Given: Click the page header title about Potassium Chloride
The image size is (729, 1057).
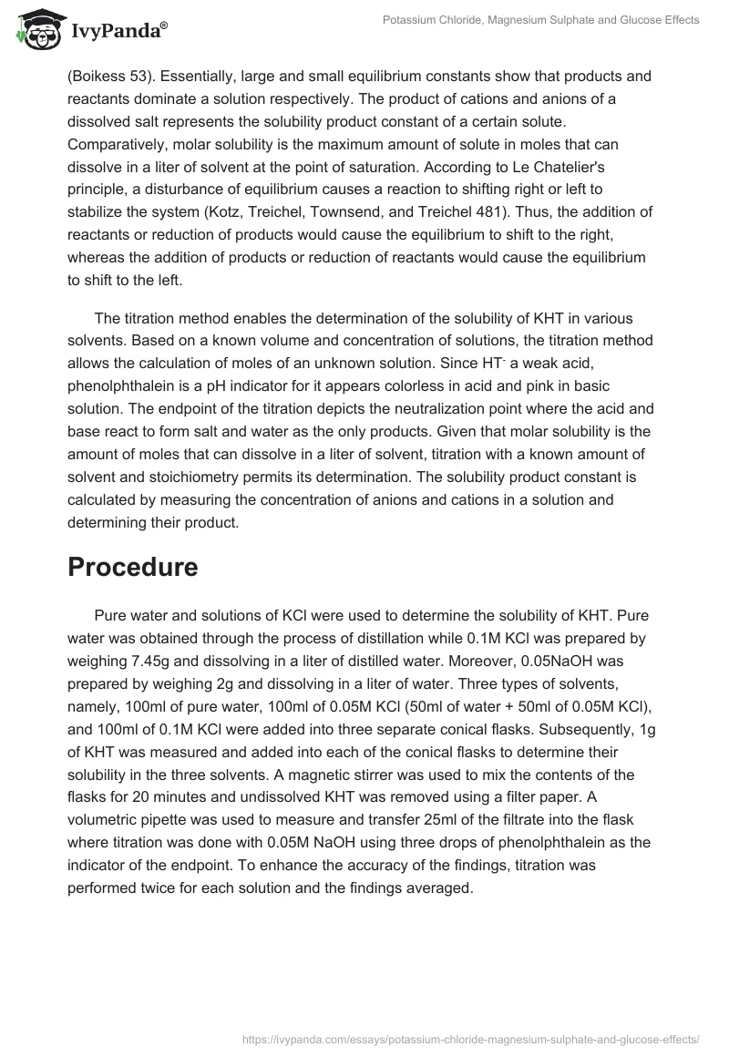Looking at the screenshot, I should (x=540, y=20).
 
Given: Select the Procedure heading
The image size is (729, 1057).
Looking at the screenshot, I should (x=133, y=566).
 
